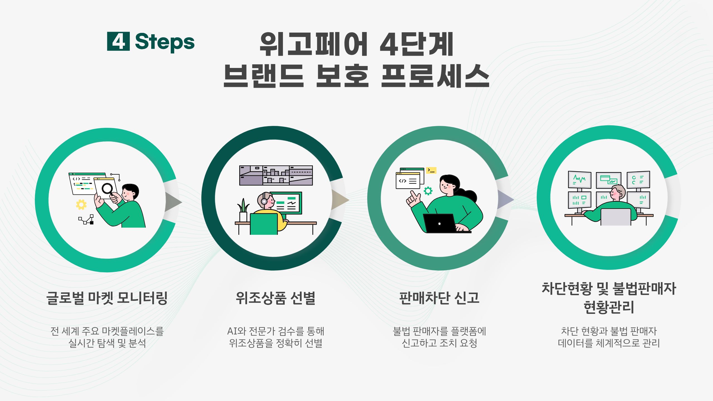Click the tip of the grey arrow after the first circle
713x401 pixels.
pyautogui.click(x=182, y=202)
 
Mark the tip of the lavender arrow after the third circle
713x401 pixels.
pyautogui.click(x=514, y=199)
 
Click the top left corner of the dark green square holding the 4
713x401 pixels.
pyautogui.click(x=107, y=32)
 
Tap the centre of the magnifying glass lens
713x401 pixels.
pyautogui.click(x=107, y=189)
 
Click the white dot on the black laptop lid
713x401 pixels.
pyautogui.click(x=439, y=224)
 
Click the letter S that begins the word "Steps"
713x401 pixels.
pyautogui.click(x=143, y=41)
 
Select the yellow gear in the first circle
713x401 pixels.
pyautogui.click(x=81, y=204)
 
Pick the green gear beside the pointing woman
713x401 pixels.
pyautogui.click(x=428, y=191)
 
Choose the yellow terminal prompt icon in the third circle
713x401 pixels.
pyautogui.click(x=431, y=170)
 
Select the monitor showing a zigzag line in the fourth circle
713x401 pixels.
pyautogui.click(x=579, y=180)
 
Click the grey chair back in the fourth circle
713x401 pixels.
pyautogui.click(x=616, y=217)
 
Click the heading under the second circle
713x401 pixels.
pyautogui.click(x=275, y=298)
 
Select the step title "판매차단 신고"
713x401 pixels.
pyautogui.click(x=439, y=298)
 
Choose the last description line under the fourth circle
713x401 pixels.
pyautogui.click(x=609, y=343)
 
